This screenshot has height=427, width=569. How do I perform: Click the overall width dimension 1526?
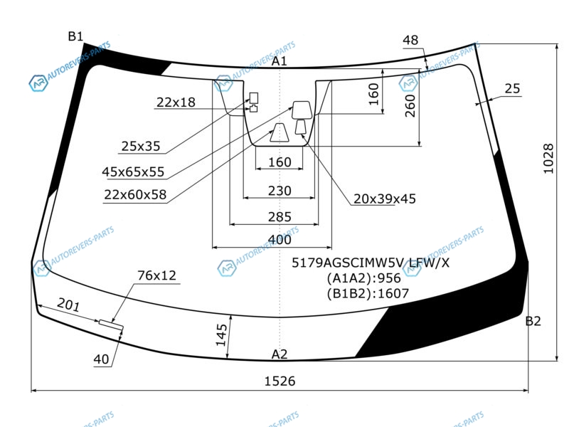coord(280,381)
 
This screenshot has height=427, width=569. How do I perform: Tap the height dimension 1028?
coord(548,159)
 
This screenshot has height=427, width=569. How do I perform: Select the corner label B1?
coord(75,36)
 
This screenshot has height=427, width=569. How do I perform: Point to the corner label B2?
coord(533,321)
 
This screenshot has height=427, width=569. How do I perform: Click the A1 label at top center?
coord(280,61)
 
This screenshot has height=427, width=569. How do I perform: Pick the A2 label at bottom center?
coord(280,354)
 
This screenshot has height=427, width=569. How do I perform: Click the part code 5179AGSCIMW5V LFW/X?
coord(371,263)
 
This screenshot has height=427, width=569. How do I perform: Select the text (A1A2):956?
coord(363,278)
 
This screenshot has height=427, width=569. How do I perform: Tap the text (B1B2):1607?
coord(368,293)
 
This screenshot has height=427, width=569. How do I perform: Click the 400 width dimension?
coord(280,240)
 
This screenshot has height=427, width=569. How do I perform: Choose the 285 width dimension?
coord(280,217)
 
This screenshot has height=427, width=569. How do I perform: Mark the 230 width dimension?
coord(280,191)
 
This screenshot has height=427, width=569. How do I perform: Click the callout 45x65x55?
coord(133,172)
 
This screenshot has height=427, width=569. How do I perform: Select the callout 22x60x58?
coord(135,194)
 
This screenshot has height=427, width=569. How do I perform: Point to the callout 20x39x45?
coord(385,199)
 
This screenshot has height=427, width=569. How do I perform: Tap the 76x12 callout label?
coord(156,275)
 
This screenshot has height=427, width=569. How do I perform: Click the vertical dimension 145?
coord(221,334)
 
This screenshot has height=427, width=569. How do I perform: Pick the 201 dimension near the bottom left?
coord(68,305)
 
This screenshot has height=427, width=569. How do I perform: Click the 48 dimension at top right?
coord(410,40)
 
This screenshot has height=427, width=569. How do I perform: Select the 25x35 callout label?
coord(141,146)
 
